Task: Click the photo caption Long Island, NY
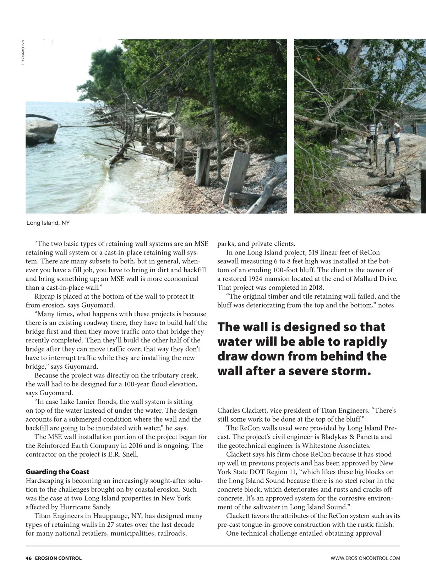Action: (48, 223)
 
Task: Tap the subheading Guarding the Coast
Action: (58, 472)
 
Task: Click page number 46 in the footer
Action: (28, 558)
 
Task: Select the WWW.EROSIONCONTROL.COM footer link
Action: (365, 558)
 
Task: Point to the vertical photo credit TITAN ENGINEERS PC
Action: (23, 52)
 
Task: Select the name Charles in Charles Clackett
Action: (229, 410)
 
